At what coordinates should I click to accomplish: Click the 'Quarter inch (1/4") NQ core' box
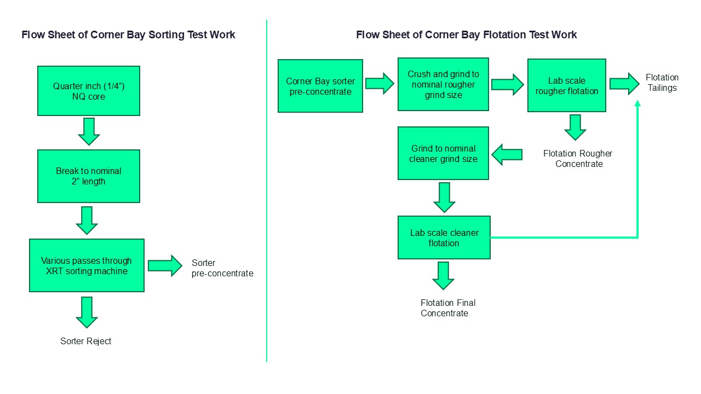click(88, 91)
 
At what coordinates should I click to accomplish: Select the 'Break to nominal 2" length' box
click(88, 176)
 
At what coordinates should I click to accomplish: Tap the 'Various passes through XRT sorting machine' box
click(87, 265)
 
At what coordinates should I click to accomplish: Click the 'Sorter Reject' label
click(86, 341)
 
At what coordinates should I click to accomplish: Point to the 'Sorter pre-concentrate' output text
click(222, 268)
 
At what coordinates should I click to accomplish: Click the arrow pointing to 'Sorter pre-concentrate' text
click(165, 265)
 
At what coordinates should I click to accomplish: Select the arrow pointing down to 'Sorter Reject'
click(87, 312)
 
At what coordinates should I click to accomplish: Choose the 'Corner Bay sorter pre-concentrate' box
click(320, 86)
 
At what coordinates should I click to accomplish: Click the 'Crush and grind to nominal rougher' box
click(443, 84)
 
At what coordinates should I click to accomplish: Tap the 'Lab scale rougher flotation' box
click(566, 85)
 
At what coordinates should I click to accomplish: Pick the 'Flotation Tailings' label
click(662, 83)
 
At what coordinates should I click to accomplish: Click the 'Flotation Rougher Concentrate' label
click(578, 159)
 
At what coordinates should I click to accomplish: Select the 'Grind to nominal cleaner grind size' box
click(443, 153)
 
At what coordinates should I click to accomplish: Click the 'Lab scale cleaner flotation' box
click(444, 237)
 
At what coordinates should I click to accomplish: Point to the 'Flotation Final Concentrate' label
click(447, 308)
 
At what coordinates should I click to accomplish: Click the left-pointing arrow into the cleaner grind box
click(507, 154)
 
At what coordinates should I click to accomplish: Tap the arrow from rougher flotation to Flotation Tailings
click(624, 84)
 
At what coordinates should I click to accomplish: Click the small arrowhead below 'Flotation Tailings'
click(637, 104)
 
